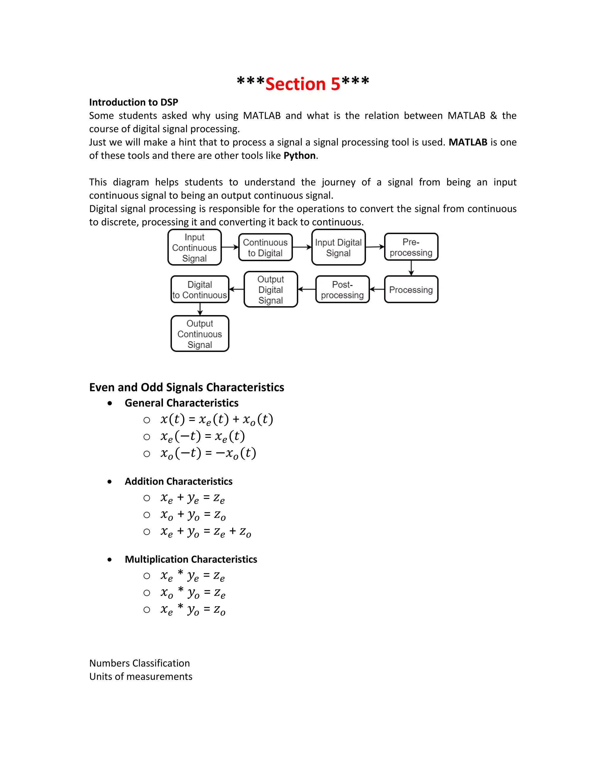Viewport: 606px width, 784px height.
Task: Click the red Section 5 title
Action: point(303,84)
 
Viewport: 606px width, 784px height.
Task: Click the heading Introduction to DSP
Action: point(133,102)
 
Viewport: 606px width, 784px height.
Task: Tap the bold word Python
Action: point(299,155)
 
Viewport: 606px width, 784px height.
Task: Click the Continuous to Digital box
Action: point(265,247)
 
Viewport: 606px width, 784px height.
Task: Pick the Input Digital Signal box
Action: point(338,247)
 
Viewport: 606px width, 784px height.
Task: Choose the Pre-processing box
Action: point(411,247)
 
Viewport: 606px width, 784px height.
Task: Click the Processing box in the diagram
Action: point(411,289)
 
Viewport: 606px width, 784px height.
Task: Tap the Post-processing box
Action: point(342,289)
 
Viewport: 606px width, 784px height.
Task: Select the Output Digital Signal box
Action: point(271,289)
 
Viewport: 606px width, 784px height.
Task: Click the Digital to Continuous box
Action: point(200,289)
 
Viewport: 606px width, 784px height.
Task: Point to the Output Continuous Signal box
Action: point(200,334)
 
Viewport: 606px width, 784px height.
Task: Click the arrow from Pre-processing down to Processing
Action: point(411,268)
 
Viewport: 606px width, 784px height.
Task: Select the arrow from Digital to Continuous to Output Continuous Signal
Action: point(200,309)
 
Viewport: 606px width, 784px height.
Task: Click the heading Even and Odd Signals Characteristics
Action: point(186,387)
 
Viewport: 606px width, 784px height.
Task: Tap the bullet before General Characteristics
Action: point(109,404)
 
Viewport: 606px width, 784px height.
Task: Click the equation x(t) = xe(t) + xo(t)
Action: point(217,419)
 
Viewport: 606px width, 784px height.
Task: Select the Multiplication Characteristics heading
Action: point(191,559)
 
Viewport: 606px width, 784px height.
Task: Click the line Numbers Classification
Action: point(139,663)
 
